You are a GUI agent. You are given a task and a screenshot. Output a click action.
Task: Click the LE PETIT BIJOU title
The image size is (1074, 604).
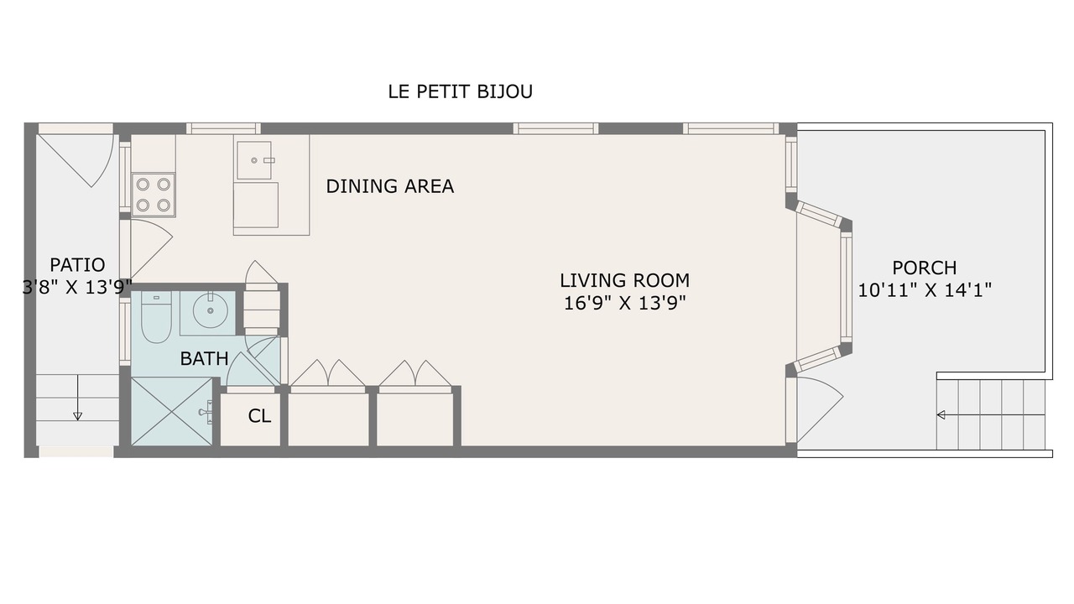tap(461, 91)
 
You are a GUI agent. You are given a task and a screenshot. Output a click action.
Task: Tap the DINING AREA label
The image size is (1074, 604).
tap(390, 186)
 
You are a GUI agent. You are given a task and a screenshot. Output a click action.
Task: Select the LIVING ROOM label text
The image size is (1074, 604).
tap(625, 280)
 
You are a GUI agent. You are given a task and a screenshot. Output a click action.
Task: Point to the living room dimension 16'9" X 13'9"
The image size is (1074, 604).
tap(625, 303)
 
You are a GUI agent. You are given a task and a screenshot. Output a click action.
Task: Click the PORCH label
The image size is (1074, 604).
tap(925, 268)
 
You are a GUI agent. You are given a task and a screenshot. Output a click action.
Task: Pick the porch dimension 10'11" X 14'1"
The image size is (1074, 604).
tap(925, 290)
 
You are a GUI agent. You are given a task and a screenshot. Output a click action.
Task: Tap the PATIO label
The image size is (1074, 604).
tap(77, 264)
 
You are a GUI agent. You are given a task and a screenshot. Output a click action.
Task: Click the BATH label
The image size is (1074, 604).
tap(204, 358)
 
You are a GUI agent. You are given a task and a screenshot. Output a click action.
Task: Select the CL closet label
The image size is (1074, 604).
tap(259, 416)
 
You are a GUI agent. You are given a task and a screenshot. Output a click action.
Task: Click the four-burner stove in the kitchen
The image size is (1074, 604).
tap(153, 195)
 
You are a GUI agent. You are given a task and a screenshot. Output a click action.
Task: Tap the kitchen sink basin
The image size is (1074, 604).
tap(253, 160)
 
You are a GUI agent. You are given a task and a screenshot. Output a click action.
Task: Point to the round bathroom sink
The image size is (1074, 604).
tap(210, 310)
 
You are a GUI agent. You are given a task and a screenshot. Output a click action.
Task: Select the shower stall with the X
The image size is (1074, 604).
tap(172, 411)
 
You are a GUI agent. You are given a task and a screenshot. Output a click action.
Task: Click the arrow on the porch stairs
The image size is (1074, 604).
tap(991, 414)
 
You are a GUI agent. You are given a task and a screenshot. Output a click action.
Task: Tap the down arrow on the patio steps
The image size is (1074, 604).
tap(77, 398)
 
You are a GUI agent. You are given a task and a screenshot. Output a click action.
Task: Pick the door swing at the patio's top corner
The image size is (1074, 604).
tap(76, 159)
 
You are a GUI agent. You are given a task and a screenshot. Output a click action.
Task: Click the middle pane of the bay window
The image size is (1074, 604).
tap(846, 287)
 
